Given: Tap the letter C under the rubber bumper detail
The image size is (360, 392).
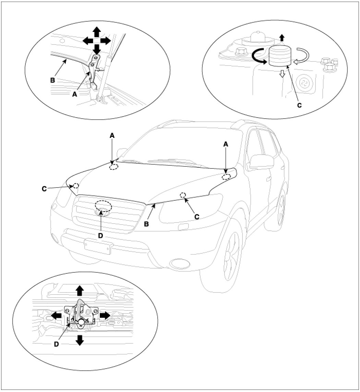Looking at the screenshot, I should (299, 105).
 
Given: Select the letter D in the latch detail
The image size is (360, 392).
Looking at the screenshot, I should (57, 343).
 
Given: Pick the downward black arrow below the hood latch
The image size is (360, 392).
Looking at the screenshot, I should (80, 340).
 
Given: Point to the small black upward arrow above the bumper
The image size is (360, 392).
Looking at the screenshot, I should (282, 37).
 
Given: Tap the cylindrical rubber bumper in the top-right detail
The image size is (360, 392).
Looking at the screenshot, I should (280, 56).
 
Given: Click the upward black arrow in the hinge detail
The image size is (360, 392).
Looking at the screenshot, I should (97, 32).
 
